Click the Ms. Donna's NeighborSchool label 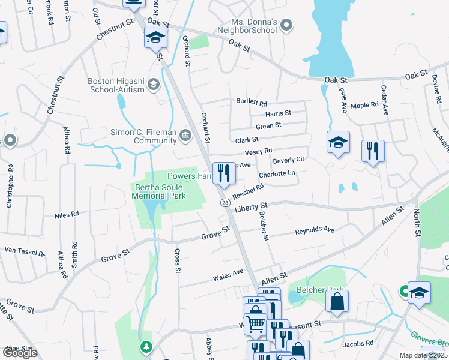pyautogui.click(x=246, y=25)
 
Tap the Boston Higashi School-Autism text pyautogui.click(x=116, y=85)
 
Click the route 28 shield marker pyautogui.click(x=224, y=203)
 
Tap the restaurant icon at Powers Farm pyautogui.click(x=224, y=173)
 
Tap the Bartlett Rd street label pyautogui.click(x=251, y=102)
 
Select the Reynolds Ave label pyautogui.click(x=315, y=230)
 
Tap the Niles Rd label pyautogui.click(x=67, y=214)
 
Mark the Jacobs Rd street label pyautogui.click(x=358, y=344)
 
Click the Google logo pyautogui.click(x=20, y=352)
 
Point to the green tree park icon pyautogui.click(x=146, y=347)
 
